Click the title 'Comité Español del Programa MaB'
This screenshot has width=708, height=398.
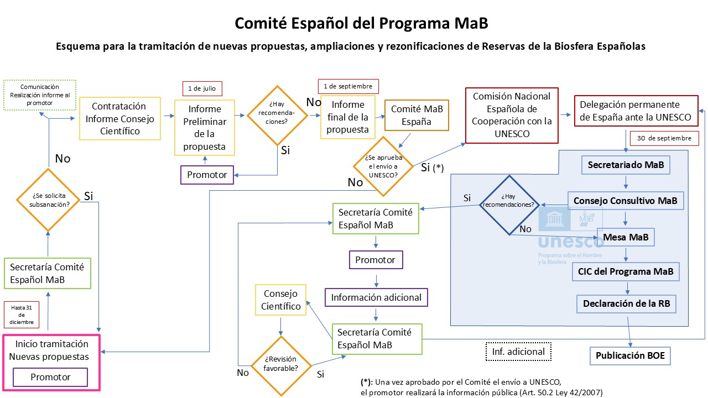pos(361,23)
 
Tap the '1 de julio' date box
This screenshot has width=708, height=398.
pos(202,88)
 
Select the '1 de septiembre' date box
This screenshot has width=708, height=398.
pos(348,86)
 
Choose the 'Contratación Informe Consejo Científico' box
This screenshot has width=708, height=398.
pos(120,119)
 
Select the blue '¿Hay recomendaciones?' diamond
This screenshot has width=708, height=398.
pos(509,205)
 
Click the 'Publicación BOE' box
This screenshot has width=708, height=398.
pos(630,355)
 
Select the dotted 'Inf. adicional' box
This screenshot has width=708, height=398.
pos(518,352)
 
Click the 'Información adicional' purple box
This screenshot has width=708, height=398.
pos(376,297)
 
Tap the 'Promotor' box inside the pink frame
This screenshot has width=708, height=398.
pos(51,378)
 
